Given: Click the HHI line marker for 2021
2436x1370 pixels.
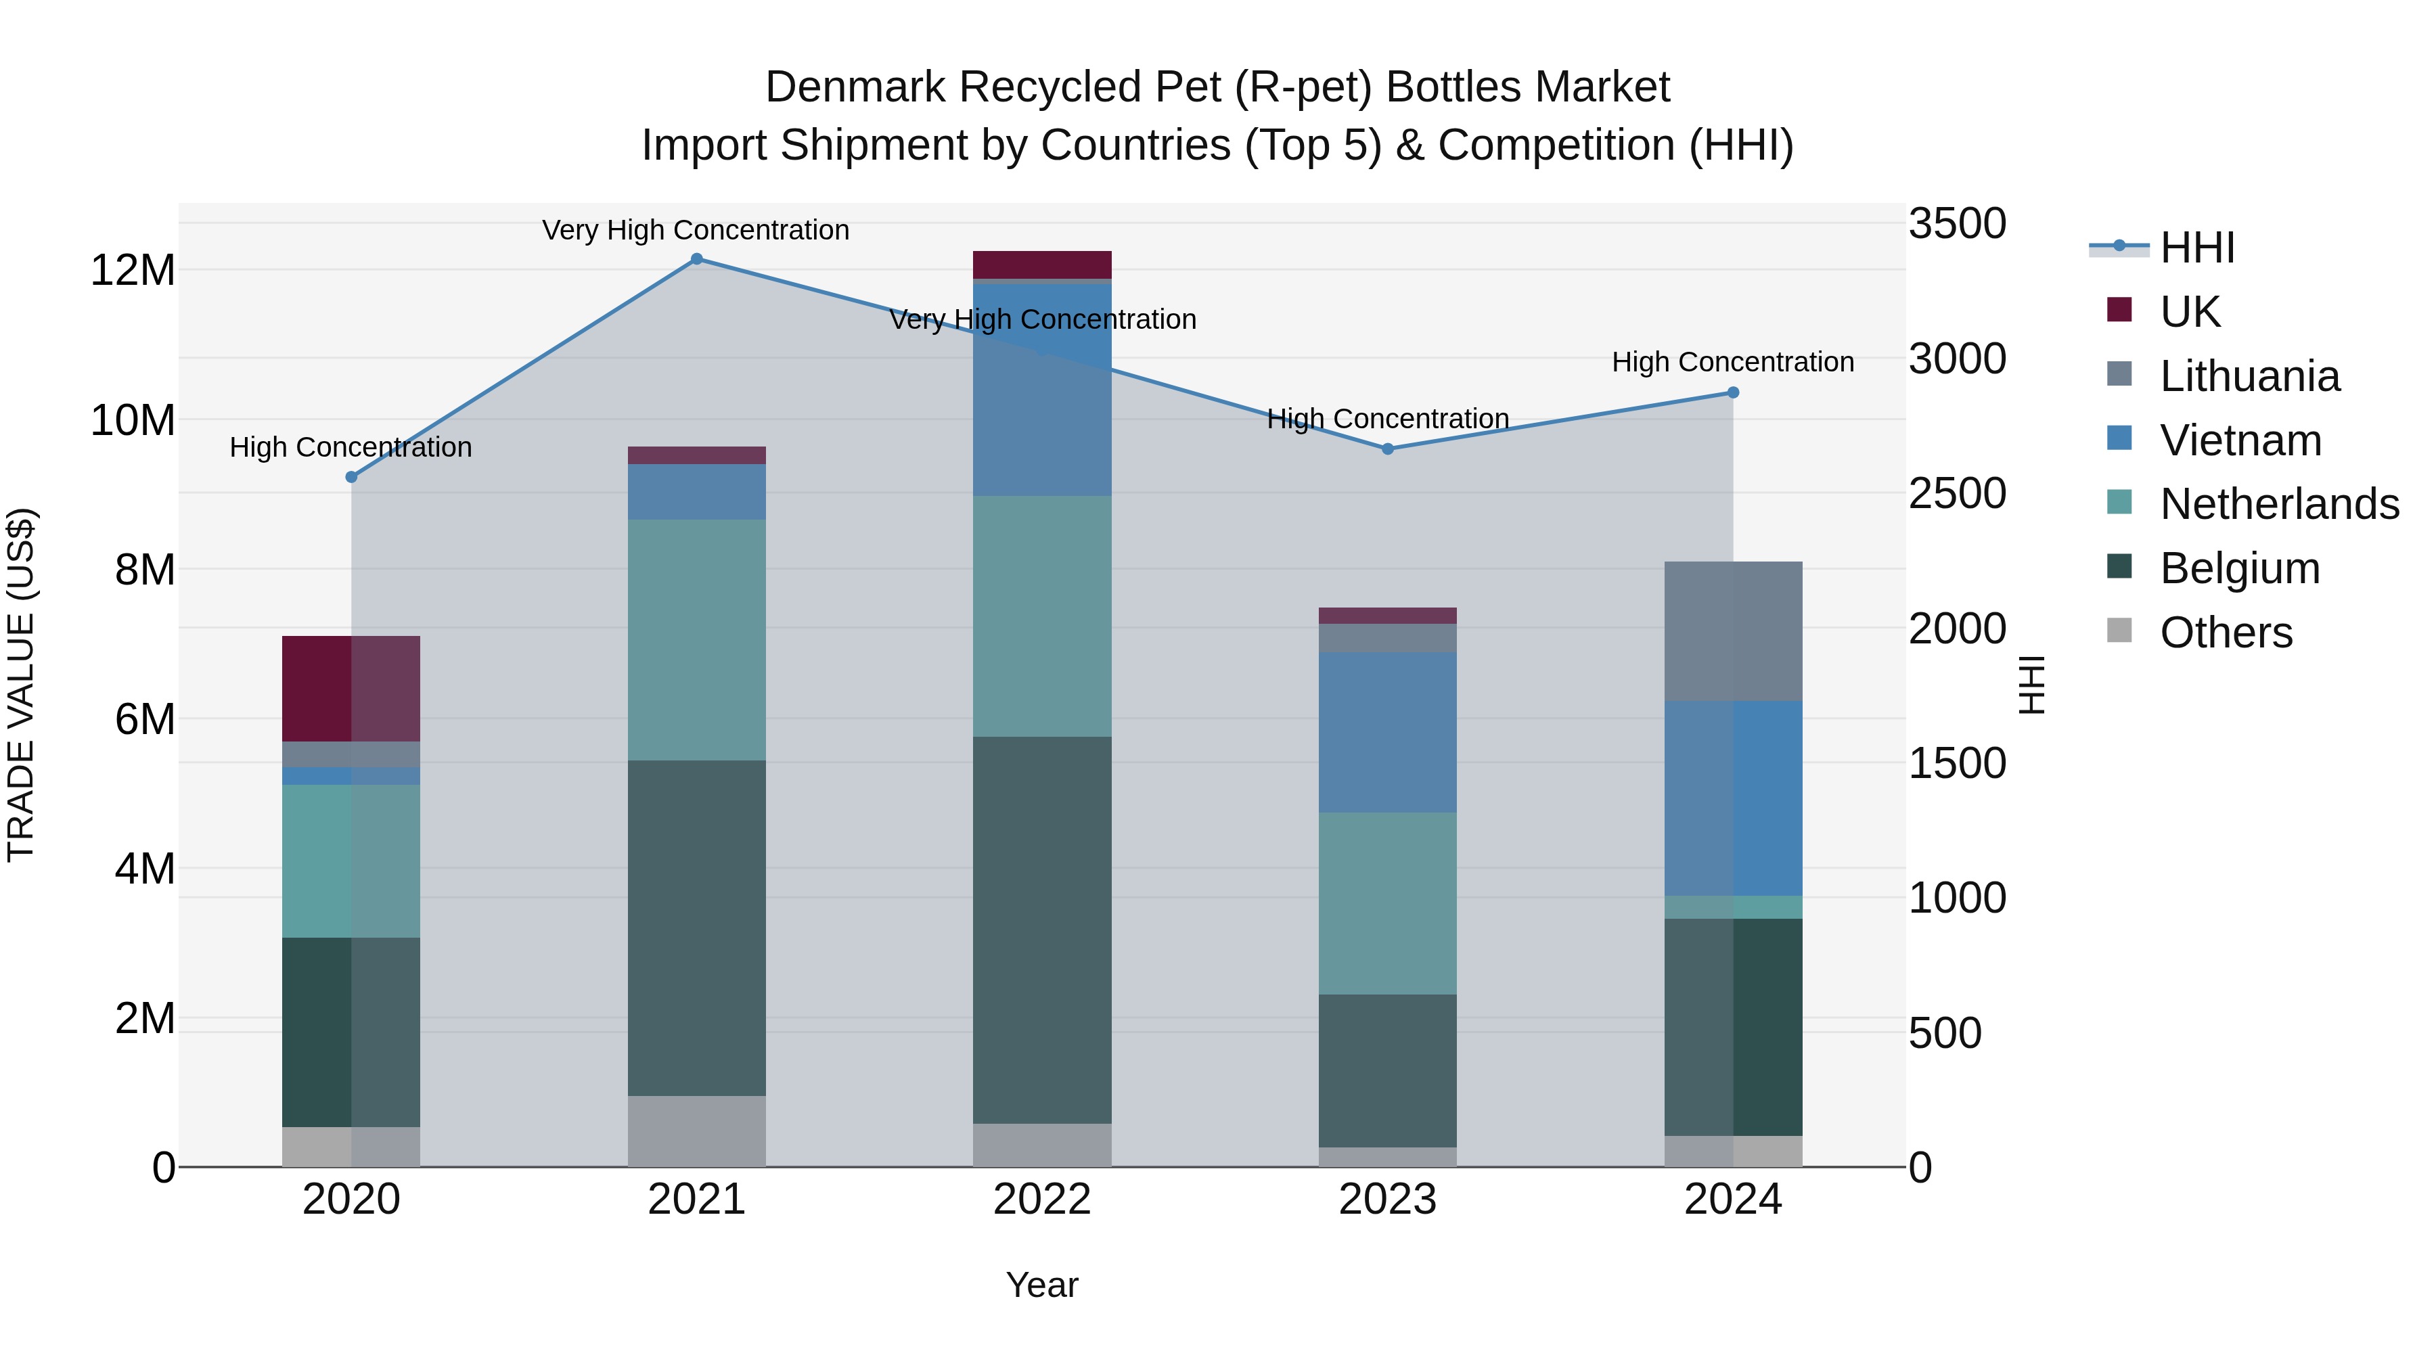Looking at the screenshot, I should (696, 259).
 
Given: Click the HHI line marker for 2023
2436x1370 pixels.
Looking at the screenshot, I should (1387, 449).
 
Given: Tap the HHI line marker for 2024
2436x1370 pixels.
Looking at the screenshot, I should (1732, 392).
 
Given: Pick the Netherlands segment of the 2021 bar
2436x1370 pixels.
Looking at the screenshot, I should (696, 639).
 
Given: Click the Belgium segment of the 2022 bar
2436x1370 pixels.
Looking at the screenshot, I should (1041, 930).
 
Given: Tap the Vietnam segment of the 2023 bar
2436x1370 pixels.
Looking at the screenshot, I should (1387, 732).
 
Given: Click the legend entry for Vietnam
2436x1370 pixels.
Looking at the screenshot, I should (2240, 440).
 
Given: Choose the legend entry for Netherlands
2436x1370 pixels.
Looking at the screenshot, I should (2279, 504).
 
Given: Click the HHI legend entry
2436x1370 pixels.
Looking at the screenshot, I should (2196, 248).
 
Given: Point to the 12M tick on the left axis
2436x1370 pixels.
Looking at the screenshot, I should (133, 271).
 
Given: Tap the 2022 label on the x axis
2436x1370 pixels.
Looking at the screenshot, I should (1041, 1200).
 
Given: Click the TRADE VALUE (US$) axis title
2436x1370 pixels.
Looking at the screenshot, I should (21, 685).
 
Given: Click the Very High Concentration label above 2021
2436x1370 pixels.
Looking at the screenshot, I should (696, 230).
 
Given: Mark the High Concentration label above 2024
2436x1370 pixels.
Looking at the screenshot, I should (1732, 362).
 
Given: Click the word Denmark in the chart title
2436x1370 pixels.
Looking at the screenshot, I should (855, 87).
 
